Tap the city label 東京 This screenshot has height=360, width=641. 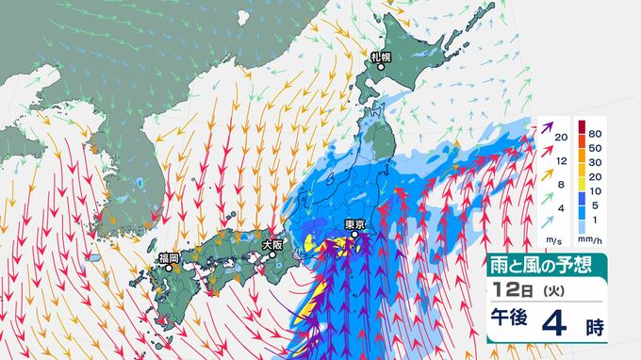tap(355, 224)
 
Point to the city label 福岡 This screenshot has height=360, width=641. tap(171, 256)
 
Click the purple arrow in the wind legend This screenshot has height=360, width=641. tap(547, 126)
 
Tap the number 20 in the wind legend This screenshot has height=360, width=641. tap(562, 139)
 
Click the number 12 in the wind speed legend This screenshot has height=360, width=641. tap(562, 161)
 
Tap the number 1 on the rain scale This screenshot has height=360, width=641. tap(597, 227)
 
